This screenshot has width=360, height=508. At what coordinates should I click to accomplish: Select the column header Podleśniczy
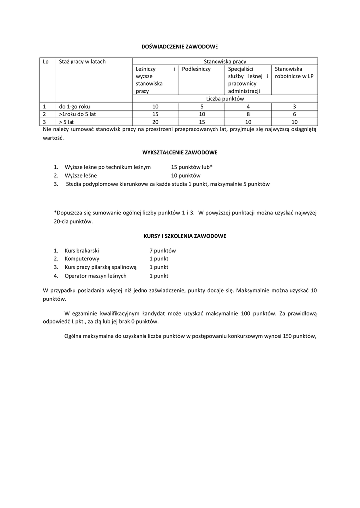[196, 69]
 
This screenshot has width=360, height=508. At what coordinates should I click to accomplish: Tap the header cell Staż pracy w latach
[82, 62]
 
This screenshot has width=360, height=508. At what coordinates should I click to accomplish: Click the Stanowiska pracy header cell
[225, 62]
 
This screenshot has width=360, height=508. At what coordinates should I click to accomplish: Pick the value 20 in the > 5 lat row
[155, 122]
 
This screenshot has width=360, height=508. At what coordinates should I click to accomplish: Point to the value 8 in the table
[248, 114]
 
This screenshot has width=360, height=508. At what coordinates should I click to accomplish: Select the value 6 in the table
[294, 114]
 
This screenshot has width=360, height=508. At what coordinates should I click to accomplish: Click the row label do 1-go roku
[74, 107]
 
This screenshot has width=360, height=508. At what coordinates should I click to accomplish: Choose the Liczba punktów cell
[225, 99]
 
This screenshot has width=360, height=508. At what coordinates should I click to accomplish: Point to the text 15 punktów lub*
[192, 167]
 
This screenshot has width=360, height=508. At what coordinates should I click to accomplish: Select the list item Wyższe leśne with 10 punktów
[80, 176]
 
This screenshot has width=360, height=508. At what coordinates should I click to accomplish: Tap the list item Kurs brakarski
[81, 251]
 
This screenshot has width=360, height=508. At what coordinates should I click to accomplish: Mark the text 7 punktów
[163, 251]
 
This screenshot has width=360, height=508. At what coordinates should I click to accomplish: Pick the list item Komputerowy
[82, 259]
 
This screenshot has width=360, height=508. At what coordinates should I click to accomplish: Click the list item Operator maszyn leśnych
[95, 276]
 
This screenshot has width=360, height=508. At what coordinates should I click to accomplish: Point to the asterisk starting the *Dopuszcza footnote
[55, 212]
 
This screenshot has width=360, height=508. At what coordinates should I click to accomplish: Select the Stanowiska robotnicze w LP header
[294, 73]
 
